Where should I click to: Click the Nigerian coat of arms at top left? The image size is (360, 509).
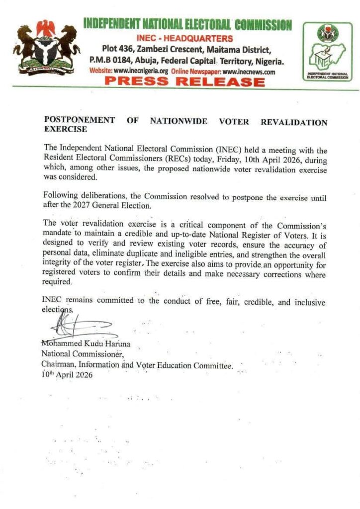pos(47,47)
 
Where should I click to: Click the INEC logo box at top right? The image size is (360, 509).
pos(327,52)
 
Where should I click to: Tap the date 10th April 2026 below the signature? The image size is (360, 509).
pos(67,375)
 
